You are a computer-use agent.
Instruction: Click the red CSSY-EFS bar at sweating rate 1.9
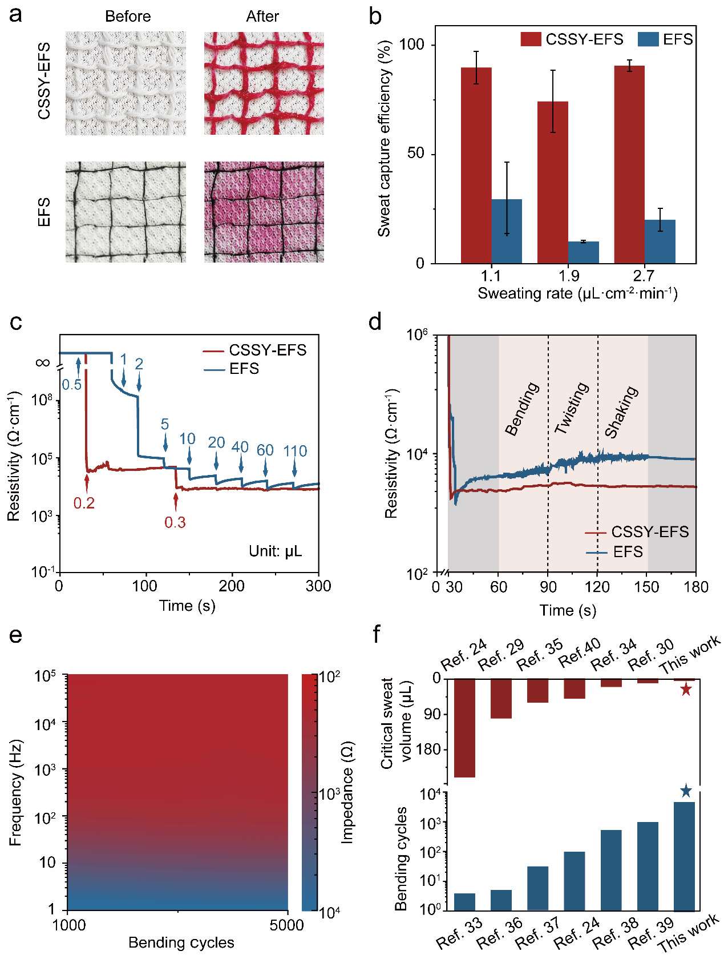[552, 182]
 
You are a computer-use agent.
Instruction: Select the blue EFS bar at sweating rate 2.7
[660, 241]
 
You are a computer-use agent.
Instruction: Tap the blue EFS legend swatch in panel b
[648, 39]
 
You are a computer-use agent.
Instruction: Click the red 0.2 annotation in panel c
[84, 503]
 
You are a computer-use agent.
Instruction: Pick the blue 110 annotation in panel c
[295, 451]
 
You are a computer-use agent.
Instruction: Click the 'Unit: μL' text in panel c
[275, 551]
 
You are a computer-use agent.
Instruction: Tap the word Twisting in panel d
[572, 408]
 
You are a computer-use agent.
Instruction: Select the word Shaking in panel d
[621, 412]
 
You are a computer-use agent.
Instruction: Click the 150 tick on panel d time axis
[646, 587]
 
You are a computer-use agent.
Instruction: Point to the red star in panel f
[686, 690]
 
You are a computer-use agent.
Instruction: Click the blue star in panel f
[686, 791]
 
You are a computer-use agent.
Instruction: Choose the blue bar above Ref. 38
[611, 870]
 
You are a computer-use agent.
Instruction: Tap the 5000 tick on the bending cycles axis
[286, 925]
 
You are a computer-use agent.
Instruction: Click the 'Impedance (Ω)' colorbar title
[347, 792]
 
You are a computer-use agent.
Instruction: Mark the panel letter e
[16, 635]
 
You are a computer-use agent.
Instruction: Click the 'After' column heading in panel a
[262, 17]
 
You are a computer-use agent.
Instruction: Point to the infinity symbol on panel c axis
[43, 363]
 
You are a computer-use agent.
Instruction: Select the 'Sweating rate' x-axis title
[577, 293]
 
